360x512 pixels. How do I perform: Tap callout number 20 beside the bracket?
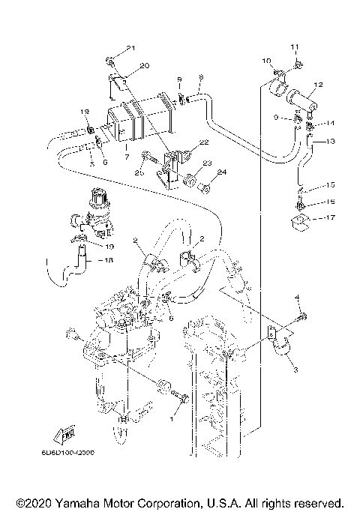(145, 66)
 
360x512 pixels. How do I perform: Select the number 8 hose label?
(200, 76)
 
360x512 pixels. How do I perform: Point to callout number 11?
(294, 47)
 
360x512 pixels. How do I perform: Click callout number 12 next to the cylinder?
(318, 84)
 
